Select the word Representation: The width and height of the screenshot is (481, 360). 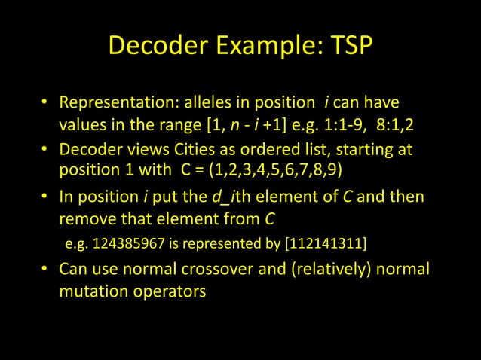click(117, 102)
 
